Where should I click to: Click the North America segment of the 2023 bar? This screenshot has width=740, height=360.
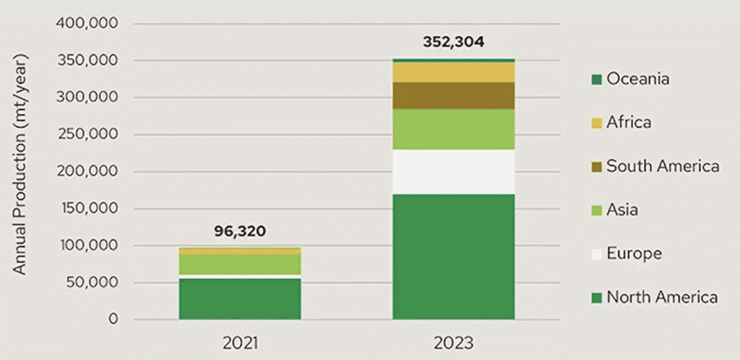coord(453,257)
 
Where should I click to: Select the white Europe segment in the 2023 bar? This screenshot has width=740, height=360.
coord(453,172)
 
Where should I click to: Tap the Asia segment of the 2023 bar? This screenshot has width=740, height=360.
coord(453,129)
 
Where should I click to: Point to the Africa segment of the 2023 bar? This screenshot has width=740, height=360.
coord(453,72)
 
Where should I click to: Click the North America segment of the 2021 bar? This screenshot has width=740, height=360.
coord(240,299)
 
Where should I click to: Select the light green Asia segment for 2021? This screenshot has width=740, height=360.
coord(240,264)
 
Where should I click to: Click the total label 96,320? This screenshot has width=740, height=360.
coord(240,232)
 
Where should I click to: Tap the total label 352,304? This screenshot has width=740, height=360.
coord(453,42)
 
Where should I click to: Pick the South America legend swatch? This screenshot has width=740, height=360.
coord(597,166)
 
